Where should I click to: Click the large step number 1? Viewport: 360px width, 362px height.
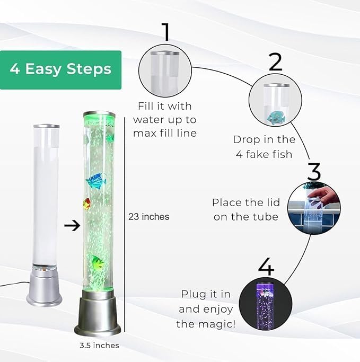[166, 32]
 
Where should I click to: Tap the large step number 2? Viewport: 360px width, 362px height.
[276, 61]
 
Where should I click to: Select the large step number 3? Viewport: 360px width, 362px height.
[314, 171]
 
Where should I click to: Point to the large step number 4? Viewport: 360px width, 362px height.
[266, 267]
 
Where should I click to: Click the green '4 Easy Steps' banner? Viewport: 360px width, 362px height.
[60, 70]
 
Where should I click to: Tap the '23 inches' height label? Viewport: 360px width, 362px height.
[148, 217]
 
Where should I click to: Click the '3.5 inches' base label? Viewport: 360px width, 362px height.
[99, 346]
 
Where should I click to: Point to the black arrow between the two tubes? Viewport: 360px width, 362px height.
[72, 225]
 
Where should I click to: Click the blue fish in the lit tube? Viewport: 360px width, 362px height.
[96, 181]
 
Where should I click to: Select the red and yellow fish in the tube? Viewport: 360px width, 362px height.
[87, 204]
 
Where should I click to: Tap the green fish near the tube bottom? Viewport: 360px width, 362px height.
[97, 262]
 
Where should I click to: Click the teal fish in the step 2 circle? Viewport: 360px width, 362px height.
[276, 117]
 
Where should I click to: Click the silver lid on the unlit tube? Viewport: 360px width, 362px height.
[47, 126]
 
